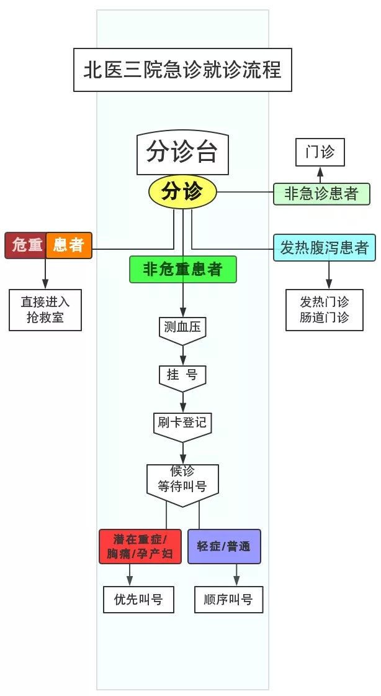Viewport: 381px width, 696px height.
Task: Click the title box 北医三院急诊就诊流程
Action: pyautogui.click(x=182, y=70)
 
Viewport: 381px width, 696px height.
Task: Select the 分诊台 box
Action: pyautogui.click(x=182, y=152)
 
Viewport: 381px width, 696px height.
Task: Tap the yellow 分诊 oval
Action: pyautogui.click(x=182, y=192)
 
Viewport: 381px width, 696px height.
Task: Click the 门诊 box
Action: pyautogui.click(x=320, y=152)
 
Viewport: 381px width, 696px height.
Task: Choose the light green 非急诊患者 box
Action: pyautogui.click(x=321, y=194)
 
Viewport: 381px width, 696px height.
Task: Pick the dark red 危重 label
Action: pyautogui.click(x=25, y=245)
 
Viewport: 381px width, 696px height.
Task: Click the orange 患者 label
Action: pyautogui.click(x=69, y=245)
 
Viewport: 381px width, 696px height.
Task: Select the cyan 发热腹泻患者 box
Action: pyautogui.click(x=324, y=248)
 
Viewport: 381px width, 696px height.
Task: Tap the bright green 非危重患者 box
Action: pyautogui.click(x=182, y=269)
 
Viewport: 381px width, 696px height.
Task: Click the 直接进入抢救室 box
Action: pyautogui.click(x=45, y=311)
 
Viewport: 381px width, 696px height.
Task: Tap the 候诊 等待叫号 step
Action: pyautogui.click(x=182, y=480)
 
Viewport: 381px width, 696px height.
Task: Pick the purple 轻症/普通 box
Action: pyautogui.click(x=224, y=546)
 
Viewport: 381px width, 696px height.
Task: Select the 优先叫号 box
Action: pyautogui.click(x=138, y=600)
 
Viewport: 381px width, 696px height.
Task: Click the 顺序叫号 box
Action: pyautogui.click(x=228, y=600)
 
